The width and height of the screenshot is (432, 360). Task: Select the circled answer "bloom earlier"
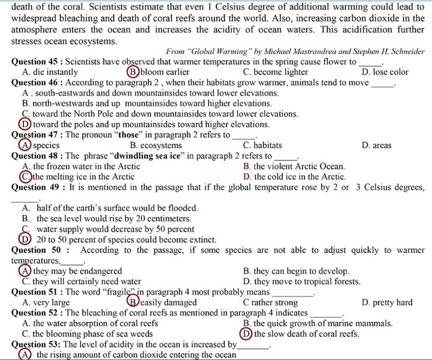point(164,72)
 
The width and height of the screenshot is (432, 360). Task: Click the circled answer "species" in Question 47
point(45,146)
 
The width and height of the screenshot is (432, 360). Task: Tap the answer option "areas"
point(379,146)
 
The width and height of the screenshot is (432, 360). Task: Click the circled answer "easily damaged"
point(168,302)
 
